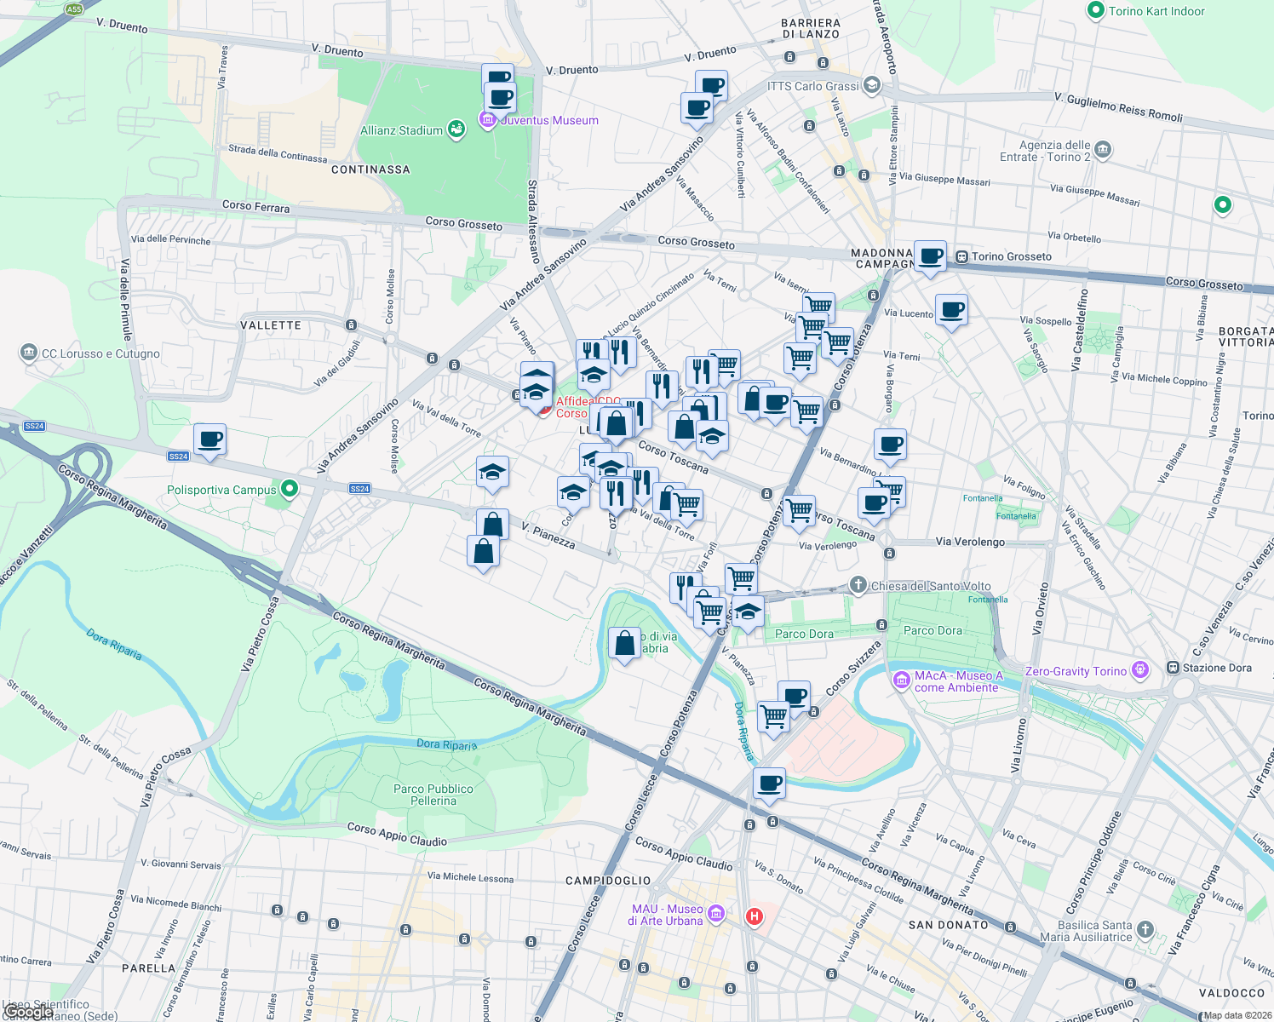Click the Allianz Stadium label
[x=401, y=130]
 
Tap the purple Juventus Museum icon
[x=488, y=120]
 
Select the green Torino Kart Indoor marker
[x=1095, y=11]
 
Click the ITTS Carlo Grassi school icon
[x=871, y=85]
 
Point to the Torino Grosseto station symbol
[x=961, y=256]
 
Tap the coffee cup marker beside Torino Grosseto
[x=931, y=255]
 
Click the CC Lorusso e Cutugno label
[x=100, y=353]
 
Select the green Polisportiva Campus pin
[x=290, y=489]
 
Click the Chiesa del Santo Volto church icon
[x=858, y=585]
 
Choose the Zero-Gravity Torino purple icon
[x=1140, y=670]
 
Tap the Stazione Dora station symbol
[x=1173, y=668]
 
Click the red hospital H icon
[x=754, y=916]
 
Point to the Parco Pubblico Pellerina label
[x=433, y=795]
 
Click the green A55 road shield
[x=74, y=9]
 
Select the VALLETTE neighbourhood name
[x=271, y=325]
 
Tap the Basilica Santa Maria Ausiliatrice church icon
[x=1145, y=929]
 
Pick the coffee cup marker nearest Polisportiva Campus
[x=209, y=440]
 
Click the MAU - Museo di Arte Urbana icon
[x=715, y=914]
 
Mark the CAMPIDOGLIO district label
[x=608, y=881]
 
